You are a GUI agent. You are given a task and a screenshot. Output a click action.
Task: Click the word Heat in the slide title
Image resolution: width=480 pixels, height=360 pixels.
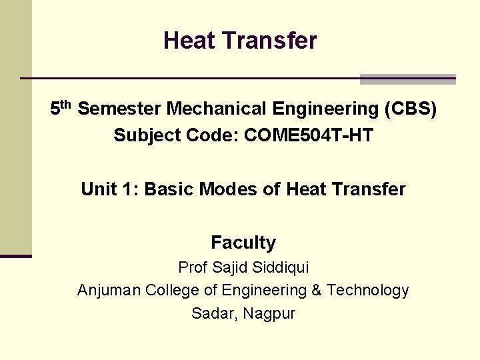click(189, 41)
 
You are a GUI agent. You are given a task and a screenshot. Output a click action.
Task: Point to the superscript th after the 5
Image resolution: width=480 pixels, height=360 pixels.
click(65, 105)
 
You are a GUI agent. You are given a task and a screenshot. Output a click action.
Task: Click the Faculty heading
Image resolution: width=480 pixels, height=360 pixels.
click(243, 243)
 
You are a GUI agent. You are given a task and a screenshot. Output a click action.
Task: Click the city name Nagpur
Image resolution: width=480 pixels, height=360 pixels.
click(269, 314)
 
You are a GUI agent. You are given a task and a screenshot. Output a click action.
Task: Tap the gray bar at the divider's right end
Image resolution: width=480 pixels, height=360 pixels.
click(407, 79)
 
